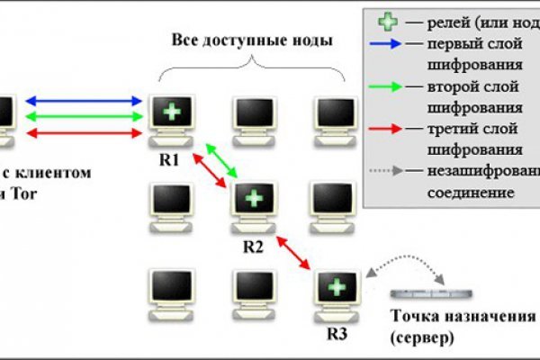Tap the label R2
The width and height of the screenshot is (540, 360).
pos(253,245)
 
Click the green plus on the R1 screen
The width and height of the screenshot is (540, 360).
pos(170,112)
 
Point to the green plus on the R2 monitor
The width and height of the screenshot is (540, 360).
pos(255,197)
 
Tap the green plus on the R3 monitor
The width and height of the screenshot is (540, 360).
pos(337,286)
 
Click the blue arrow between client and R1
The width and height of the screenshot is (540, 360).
pos(86,101)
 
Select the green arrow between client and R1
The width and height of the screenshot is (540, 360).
pos(86,117)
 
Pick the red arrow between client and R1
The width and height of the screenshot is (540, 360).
pos(86,133)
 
